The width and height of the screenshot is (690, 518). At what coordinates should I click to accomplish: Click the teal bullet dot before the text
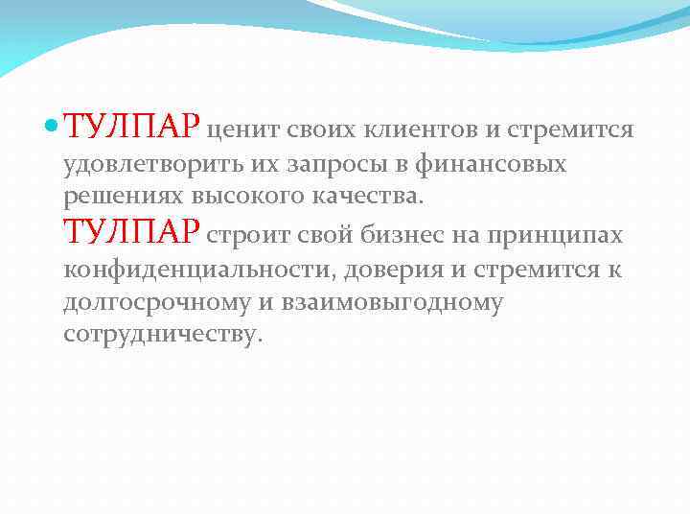(x=53, y=127)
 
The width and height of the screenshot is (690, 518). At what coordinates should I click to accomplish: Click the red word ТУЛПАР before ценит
(x=132, y=127)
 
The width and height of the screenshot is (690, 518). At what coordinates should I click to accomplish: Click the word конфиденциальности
(x=195, y=271)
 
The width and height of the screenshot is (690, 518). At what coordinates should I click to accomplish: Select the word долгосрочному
(x=159, y=303)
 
